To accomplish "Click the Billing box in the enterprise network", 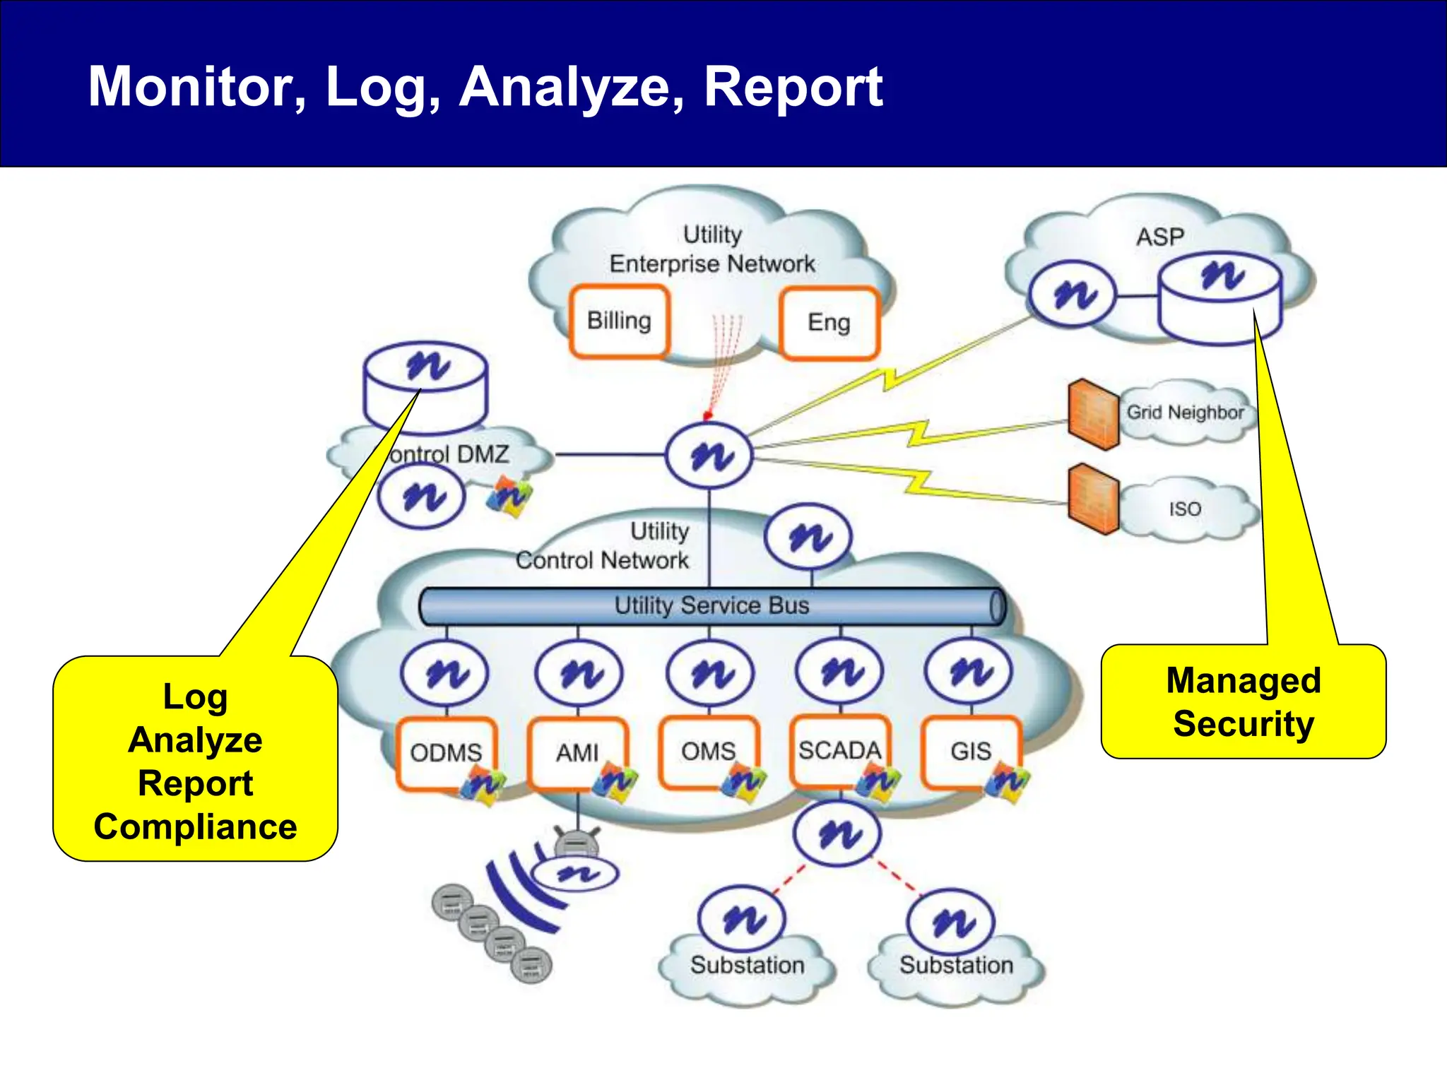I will click(x=619, y=321).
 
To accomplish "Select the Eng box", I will click(x=829, y=323).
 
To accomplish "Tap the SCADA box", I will click(x=839, y=751).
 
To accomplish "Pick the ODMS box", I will click(x=446, y=753).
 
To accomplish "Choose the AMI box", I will click(x=577, y=753).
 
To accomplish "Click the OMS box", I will click(x=708, y=752).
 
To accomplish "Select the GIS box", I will click(x=971, y=752).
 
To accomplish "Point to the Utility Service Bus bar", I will click(x=711, y=606).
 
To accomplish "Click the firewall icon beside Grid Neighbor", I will click(x=1093, y=415).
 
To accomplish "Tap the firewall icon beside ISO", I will click(x=1093, y=499).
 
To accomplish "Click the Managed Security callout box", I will click(x=1244, y=702).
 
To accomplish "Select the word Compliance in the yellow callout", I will click(x=196, y=827).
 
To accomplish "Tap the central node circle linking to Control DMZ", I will click(x=709, y=456).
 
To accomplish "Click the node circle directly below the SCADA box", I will click(x=837, y=834).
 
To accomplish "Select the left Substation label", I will click(x=747, y=965).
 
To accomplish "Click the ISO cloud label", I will click(x=1185, y=509).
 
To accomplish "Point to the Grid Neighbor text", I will click(x=1185, y=413).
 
